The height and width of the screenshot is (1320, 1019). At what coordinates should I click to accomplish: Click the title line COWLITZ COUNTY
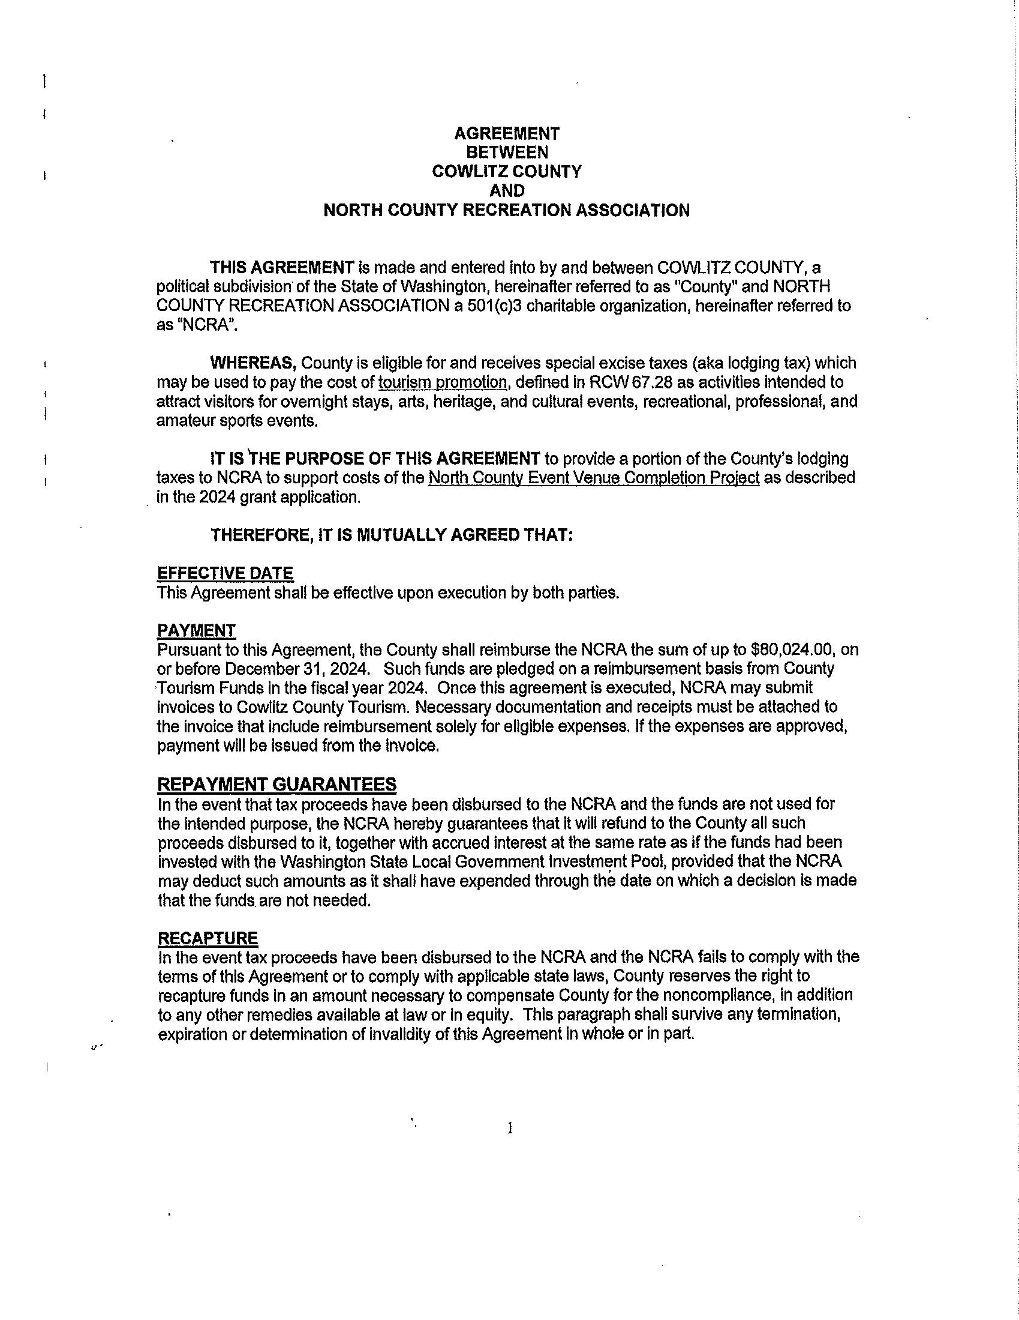tap(506, 172)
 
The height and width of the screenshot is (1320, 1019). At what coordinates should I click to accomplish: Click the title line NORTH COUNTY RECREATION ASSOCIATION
tap(506, 210)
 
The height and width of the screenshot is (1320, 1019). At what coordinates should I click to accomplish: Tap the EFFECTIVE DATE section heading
tap(225, 573)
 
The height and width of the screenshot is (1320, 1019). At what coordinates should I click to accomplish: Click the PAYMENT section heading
tap(196, 630)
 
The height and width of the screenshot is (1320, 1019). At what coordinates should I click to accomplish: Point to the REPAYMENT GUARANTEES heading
tap(276, 785)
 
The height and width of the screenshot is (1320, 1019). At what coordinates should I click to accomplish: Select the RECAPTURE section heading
tap(208, 938)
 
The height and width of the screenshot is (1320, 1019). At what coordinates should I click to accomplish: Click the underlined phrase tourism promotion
tap(442, 382)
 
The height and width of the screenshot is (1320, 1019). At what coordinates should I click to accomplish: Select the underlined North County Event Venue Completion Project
tap(594, 478)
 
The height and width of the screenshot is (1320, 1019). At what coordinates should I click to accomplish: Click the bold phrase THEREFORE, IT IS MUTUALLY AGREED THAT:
tap(391, 535)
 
